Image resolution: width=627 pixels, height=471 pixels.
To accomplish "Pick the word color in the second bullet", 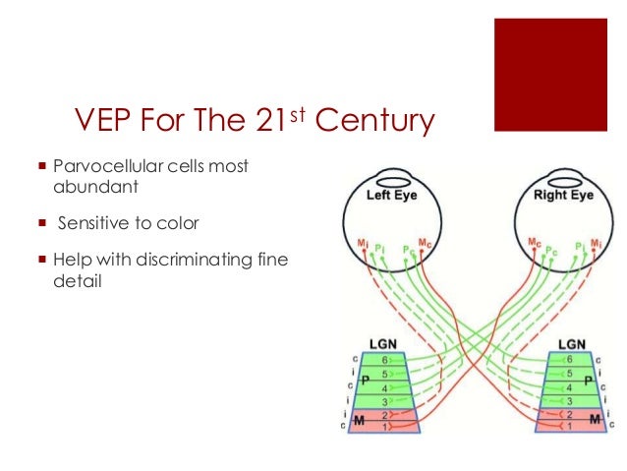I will pos(179,223).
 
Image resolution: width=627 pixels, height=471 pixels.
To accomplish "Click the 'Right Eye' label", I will pos(564,196).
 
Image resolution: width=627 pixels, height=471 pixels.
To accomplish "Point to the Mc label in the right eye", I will pos(534,242).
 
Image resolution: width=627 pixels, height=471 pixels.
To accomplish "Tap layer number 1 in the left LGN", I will pos(386,429).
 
